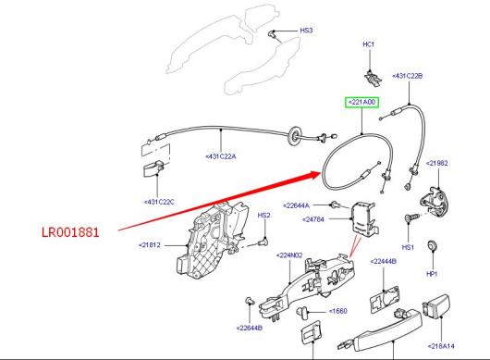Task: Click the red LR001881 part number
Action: (x=70, y=232)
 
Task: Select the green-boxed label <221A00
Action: (x=361, y=103)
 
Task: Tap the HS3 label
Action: (x=306, y=31)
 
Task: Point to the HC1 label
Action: (x=369, y=44)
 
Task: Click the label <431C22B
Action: (x=408, y=76)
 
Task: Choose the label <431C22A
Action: (x=221, y=156)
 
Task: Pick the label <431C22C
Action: (x=159, y=202)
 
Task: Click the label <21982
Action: (x=437, y=163)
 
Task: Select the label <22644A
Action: (x=296, y=205)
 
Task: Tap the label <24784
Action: (x=313, y=219)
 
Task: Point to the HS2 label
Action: (x=263, y=216)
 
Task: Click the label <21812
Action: (x=150, y=245)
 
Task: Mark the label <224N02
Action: (x=289, y=255)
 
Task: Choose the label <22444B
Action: (x=384, y=261)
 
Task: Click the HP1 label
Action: (x=432, y=274)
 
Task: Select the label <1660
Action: (x=338, y=311)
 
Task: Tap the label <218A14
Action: (x=441, y=346)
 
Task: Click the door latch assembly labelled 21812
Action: (x=213, y=241)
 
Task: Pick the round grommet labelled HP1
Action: (x=432, y=245)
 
